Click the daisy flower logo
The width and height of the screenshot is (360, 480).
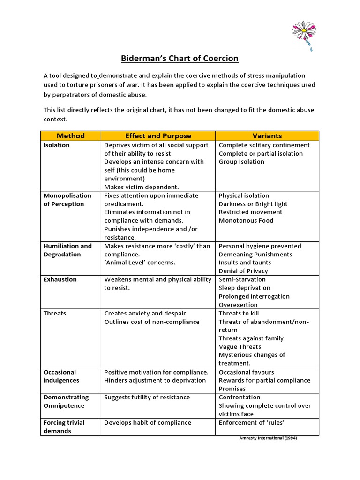tap(304, 34)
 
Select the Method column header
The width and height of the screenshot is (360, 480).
tap(70, 136)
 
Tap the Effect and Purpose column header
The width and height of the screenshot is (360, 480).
tap(158, 136)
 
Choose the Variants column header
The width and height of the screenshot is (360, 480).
tap(267, 136)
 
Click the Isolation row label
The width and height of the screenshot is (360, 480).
tap(56, 145)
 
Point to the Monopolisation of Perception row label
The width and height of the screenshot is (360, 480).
tap(67, 200)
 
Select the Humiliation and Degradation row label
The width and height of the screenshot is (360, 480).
tap(67, 250)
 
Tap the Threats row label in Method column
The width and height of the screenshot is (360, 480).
tap(55, 314)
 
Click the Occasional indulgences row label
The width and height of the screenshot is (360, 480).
tap(61, 376)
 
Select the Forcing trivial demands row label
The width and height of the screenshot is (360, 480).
tap(64, 427)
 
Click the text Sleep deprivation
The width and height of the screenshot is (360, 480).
tap(244, 288)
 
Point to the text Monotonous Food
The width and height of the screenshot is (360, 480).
tap(246, 221)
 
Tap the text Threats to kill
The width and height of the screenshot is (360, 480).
tap(239, 314)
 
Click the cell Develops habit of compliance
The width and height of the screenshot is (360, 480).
tap(148, 423)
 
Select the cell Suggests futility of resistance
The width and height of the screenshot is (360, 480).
tap(147, 397)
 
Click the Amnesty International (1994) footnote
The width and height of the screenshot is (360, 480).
tap(268, 438)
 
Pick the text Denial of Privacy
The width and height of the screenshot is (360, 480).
tap(243, 271)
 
